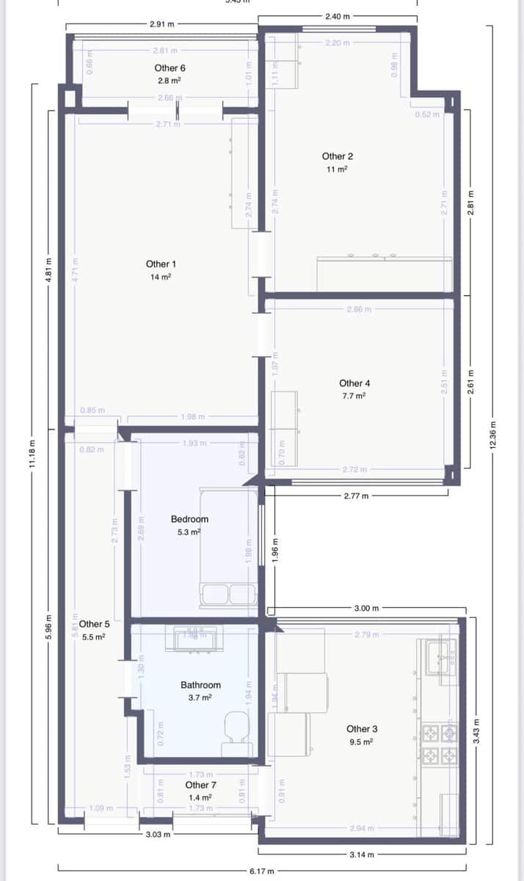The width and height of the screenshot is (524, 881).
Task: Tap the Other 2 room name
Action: click(338, 156)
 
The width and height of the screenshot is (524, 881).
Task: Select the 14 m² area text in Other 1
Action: click(161, 277)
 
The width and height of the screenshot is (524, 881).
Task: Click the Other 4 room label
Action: click(354, 383)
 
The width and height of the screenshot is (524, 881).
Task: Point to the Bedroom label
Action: click(189, 519)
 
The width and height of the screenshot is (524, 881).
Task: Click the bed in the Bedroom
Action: click(229, 547)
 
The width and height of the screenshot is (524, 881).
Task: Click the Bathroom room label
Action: click(200, 685)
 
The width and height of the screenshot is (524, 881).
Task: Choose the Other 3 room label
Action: click(362, 729)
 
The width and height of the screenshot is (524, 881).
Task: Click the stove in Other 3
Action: click(438, 743)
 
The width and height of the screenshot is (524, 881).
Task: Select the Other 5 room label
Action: click(95, 625)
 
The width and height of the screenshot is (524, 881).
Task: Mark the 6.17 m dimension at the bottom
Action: click(262, 871)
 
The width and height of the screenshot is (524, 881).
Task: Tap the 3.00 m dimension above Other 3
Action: click(366, 609)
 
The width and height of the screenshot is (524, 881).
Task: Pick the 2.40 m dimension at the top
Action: click(337, 15)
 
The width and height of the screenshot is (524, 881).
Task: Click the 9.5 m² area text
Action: click(361, 742)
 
